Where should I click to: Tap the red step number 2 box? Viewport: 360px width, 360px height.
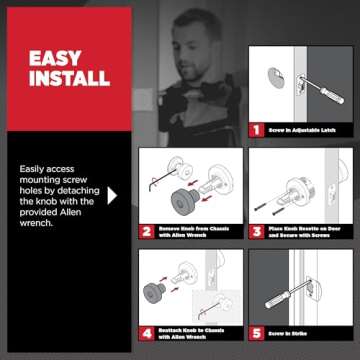[x=144, y=229]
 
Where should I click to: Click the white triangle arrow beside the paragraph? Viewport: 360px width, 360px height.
[x=112, y=194]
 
